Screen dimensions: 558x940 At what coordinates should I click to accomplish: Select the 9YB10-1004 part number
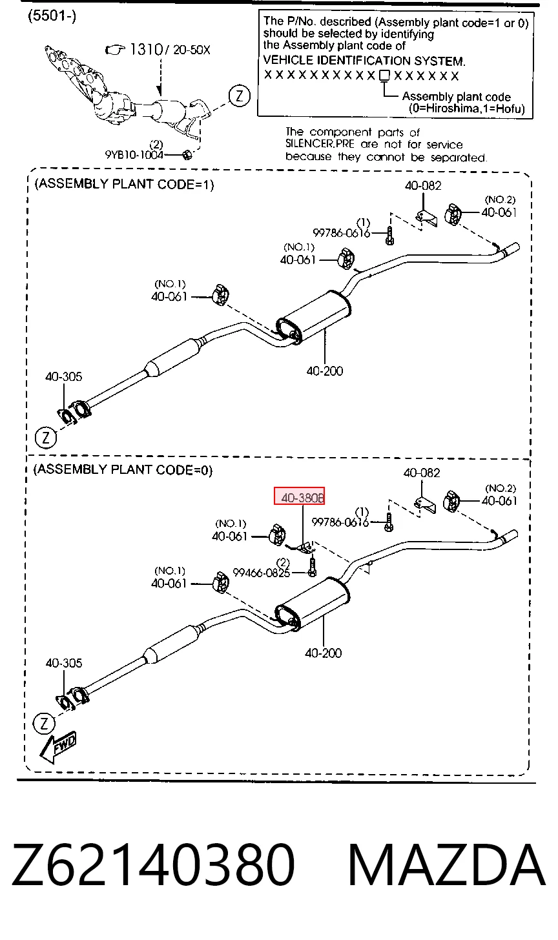tap(134, 155)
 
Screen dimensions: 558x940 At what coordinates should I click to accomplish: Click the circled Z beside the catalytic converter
tap(240, 96)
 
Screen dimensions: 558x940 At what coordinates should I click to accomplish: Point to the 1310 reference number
tap(146, 50)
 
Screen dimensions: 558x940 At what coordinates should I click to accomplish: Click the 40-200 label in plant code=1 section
tap(325, 371)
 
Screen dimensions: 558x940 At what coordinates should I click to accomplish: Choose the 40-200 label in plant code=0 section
tap(323, 653)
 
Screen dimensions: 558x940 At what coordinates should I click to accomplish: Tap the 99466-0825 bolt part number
tap(261, 573)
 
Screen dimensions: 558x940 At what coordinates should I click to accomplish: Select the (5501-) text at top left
tap(52, 16)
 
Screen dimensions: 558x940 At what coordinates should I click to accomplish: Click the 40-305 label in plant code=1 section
tap(63, 376)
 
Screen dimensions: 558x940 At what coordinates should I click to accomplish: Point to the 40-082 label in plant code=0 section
tap(422, 473)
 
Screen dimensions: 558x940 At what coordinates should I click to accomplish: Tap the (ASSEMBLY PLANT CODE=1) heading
tap(124, 184)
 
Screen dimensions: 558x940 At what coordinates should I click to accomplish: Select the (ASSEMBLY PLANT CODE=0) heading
tap(123, 469)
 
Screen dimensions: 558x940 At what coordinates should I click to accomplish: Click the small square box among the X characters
tap(384, 76)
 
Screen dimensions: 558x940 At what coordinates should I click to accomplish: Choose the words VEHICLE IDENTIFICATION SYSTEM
tap(364, 61)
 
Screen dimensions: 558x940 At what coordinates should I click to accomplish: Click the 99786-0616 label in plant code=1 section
tap(342, 232)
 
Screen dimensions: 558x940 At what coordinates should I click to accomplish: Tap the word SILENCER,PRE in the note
tap(320, 144)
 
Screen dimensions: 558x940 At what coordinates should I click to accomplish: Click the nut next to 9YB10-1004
tap(187, 155)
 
